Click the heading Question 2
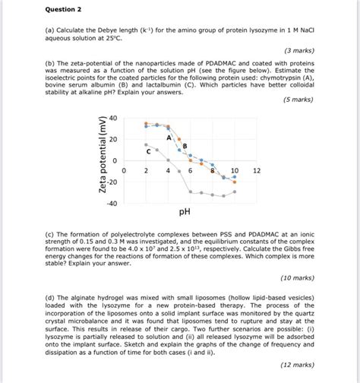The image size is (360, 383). pyautogui.click(x=42, y=11)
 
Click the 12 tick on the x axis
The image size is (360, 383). pyautogui.click(x=256, y=172)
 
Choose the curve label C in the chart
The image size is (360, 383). pyautogui.click(x=149, y=152)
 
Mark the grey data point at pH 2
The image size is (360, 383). pyautogui.click(x=144, y=144)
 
